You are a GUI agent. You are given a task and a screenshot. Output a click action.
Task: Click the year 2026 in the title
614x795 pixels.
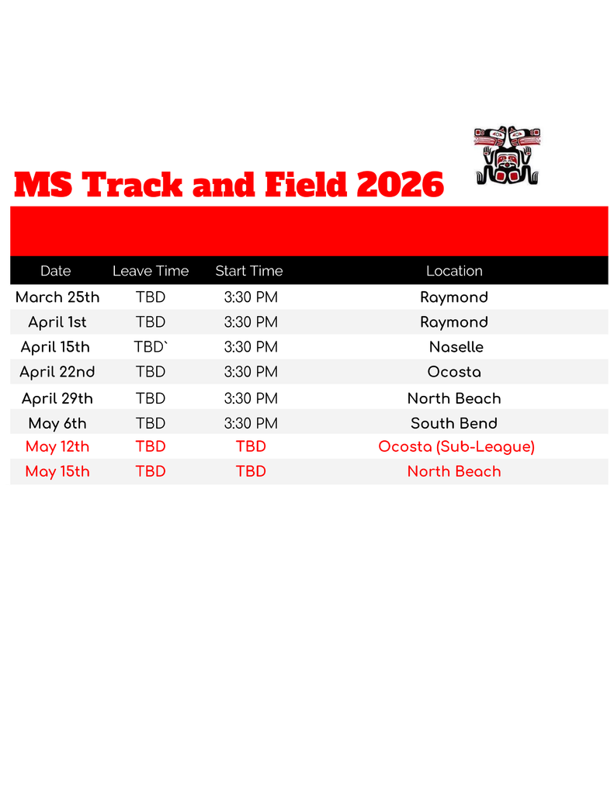(x=399, y=186)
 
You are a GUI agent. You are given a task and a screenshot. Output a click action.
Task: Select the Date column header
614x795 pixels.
(x=55, y=271)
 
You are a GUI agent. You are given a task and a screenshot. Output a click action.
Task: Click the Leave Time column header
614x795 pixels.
(x=151, y=271)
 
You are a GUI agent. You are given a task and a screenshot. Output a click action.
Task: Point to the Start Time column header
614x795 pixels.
(x=249, y=271)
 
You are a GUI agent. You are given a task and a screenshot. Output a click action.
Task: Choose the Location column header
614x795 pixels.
(x=454, y=271)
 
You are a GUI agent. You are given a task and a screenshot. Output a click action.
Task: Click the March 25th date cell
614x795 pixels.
(x=57, y=297)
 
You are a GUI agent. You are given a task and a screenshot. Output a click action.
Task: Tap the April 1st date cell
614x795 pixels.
(x=57, y=322)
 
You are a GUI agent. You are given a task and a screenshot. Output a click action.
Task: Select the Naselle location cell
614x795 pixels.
(x=456, y=347)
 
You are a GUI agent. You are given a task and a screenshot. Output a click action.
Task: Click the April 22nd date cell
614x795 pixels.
(x=57, y=372)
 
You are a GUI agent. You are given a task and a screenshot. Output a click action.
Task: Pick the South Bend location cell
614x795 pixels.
(x=454, y=423)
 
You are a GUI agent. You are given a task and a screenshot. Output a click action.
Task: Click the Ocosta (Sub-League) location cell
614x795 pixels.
(x=456, y=446)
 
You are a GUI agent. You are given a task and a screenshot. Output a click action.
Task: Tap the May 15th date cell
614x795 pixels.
(x=57, y=471)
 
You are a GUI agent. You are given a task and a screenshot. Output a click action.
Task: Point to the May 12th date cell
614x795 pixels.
(x=57, y=446)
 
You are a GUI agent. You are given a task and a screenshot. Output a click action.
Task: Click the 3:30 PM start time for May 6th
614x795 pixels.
(x=251, y=423)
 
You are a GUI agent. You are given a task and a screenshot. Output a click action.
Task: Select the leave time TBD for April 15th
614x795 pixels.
(x=151, y=347)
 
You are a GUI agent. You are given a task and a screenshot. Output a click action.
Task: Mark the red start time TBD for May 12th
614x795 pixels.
(x=251, y=446)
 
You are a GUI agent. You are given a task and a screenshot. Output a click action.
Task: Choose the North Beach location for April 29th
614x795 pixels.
(x=454, y=398)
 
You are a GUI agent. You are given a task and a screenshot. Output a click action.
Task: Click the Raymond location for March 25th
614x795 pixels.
(x=454, y=297)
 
